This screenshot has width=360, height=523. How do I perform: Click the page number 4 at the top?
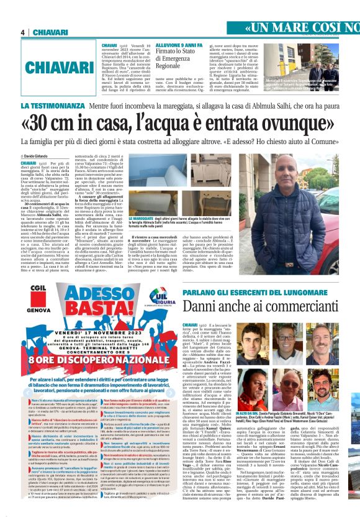pos(22,32)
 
